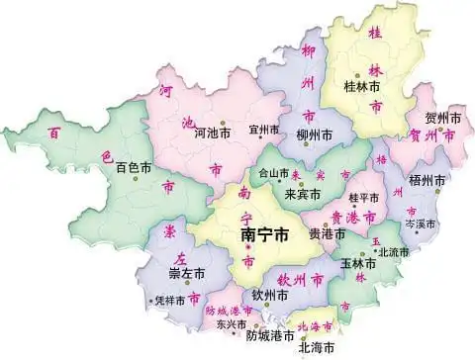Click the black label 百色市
click(x=135, y=167)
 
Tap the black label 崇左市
click(x=186, y=272)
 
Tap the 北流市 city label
click(x=395, y=253)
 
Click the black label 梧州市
click(x=427, y=181)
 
